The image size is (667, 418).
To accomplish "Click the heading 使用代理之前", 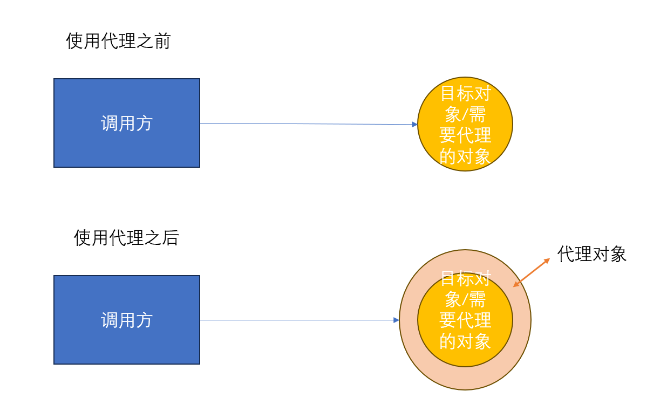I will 118,41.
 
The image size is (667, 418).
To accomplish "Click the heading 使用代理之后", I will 126,238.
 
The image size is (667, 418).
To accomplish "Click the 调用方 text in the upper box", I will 127,124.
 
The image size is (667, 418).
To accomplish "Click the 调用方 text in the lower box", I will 127,320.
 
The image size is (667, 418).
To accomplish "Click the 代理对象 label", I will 591,254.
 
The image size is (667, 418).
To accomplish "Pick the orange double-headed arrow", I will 532,273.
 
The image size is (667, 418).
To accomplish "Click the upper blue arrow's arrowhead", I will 415,125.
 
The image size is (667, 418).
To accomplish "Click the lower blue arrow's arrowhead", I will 397,320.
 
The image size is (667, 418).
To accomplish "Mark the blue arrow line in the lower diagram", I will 297,320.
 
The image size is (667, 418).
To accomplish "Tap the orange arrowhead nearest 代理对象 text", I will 547,261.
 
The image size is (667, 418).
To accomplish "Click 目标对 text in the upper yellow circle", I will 465,93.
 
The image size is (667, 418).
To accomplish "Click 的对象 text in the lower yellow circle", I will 465,341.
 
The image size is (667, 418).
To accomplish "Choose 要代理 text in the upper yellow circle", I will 465,135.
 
